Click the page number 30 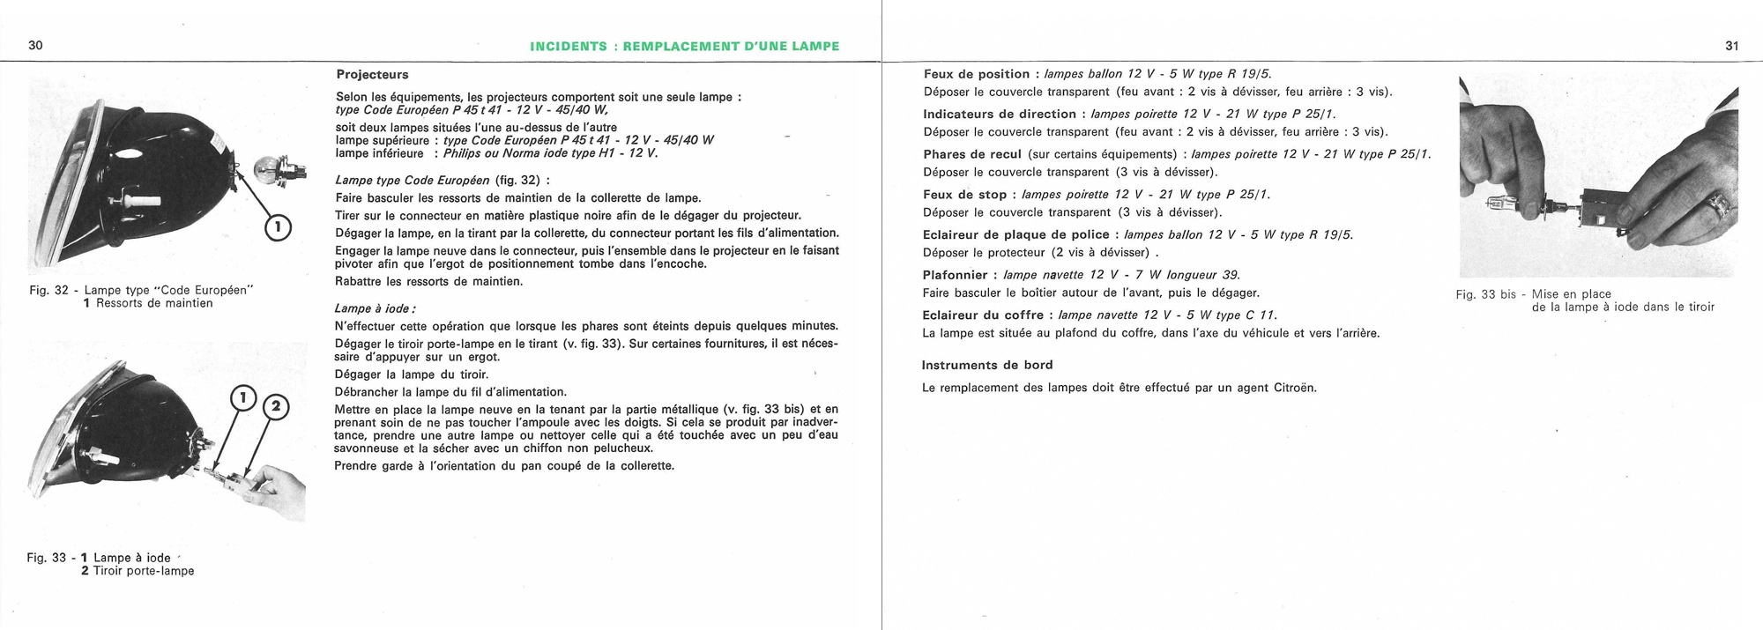[x=36, y=46]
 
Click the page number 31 [x=1731, y=46]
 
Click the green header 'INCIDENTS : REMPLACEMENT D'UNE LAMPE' [x=684, y=47]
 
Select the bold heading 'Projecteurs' [x=372, y=75]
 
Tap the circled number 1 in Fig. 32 [x=279, y=228]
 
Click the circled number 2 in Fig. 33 [x=276, y=406]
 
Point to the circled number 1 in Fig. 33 [x=242, y=398]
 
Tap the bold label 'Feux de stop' [x=964, y=195]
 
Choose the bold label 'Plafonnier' [x=956, y=275]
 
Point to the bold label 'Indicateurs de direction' [x=1000, y=114]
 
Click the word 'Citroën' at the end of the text [x=1292, y=388]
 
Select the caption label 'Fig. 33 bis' [x=1487, y=294]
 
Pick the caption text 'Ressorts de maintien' [x=154, y=303]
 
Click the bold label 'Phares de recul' [x=971, y=154]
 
